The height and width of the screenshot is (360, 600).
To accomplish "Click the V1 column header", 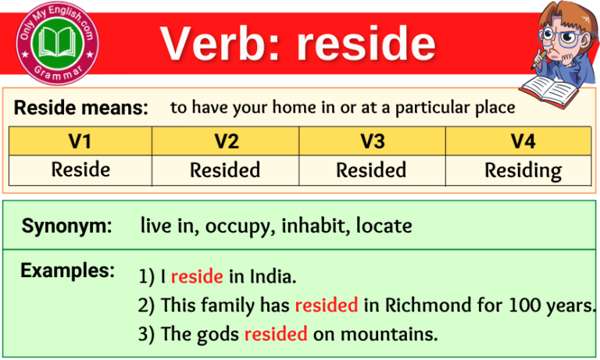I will (x=80, y=141).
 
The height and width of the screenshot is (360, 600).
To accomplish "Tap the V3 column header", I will (x=371, y=141).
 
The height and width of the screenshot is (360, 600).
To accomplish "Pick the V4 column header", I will (x=517, y=141).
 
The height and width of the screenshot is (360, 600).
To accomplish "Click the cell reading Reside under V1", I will (x=80, y=169).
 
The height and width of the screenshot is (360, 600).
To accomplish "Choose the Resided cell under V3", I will (x=371, y=169).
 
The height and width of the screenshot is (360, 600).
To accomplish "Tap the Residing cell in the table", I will (x=517, y=169).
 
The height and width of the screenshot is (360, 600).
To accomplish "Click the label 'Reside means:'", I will (x=81, y=109).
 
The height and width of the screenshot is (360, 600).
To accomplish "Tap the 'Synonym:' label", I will (x=66, y=226).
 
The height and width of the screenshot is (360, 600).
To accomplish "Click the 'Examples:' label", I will (x=67, y=271).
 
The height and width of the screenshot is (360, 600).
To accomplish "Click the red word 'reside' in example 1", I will (x=197, y=276).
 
